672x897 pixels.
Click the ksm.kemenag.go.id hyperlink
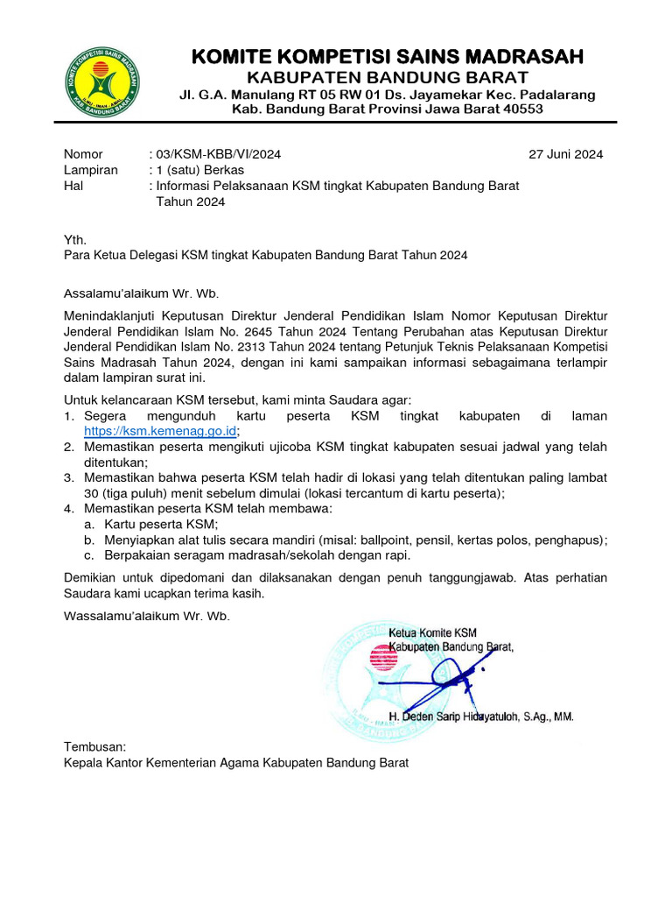(161, 431)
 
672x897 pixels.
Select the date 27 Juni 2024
(566, 154)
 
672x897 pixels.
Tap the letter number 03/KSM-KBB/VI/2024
(218, 154)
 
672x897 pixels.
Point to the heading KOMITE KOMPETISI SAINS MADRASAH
(387, 58)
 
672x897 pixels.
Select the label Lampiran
(90, 170)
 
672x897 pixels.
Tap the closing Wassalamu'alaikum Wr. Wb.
(146, 616)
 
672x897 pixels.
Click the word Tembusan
(95, 746)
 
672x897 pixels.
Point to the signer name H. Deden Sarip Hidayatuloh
(480, 717)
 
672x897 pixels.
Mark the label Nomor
(83, 154)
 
